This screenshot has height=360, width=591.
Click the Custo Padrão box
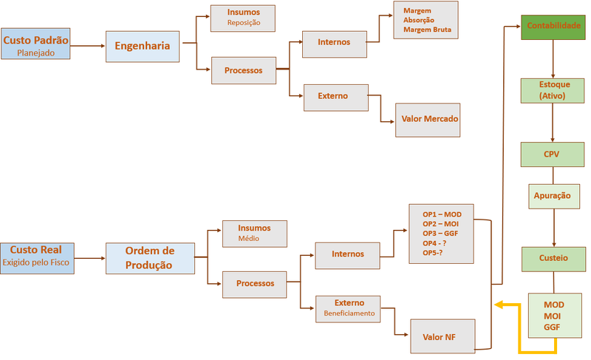[x=35, y=44]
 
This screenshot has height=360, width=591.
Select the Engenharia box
[x=143, y=47]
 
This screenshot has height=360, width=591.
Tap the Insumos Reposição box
[x=243, y=18]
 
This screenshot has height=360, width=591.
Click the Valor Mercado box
[x=428, y=120]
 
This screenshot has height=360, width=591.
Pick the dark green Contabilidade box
[x=553, y=27]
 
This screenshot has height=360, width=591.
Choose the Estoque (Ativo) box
[x=553, y=90]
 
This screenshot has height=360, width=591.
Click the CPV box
[x=553, y=154]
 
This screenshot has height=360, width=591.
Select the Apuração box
[x=554, y=196]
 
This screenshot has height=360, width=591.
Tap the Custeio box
[x=553, y=259]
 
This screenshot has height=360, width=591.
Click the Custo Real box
[x=38, y=258]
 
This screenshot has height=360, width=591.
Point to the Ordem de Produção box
[x=150, y=258]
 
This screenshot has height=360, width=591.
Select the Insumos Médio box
[x=255, y=234]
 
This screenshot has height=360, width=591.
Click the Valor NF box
[x=443, y=336]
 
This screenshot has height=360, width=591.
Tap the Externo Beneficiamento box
[x=348, y=309]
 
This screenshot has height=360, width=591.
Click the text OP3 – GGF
[x=440, y=234]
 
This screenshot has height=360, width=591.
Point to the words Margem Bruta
[x=428, y=30]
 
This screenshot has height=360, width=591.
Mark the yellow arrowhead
[x=499, y=305]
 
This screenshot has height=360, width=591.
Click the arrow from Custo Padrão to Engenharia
[x=87, y=46]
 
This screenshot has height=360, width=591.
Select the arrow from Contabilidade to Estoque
[x=553, y=59]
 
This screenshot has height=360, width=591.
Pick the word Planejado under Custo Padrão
[x=35, y=52]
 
